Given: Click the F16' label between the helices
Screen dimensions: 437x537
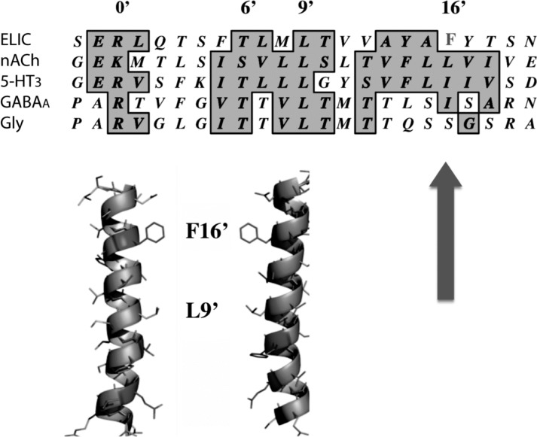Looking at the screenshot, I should click(x=207, y=230).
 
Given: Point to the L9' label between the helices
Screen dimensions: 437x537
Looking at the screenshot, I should click(x=203, y=308).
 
